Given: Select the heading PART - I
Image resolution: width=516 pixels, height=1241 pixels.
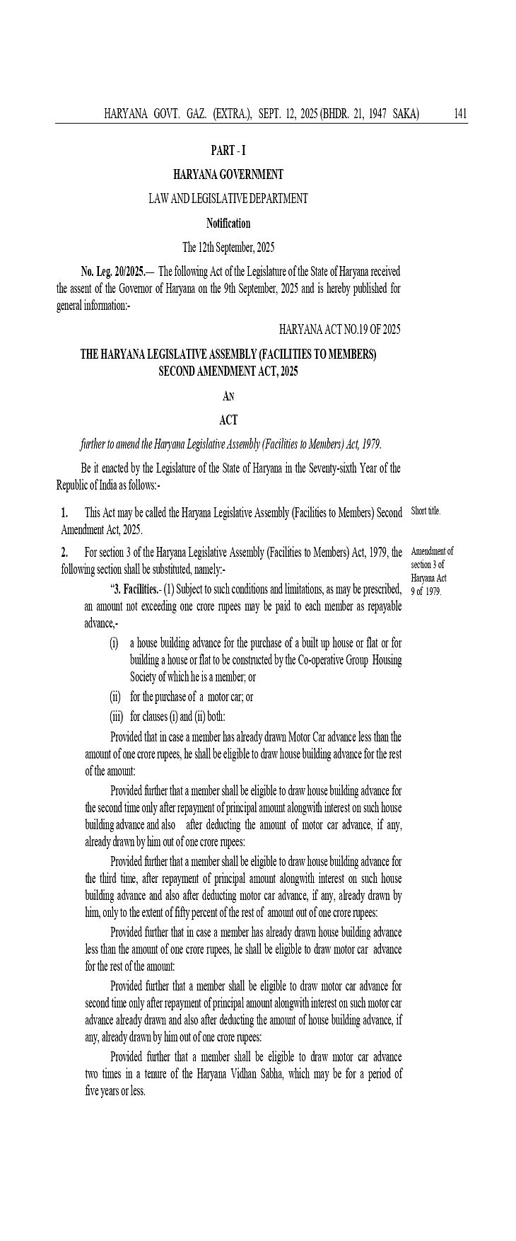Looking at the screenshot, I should coord(228,150).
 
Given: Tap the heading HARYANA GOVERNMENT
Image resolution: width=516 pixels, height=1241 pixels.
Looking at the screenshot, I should coord(228,174).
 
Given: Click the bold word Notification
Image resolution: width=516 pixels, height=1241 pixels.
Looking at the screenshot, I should coord(228,223).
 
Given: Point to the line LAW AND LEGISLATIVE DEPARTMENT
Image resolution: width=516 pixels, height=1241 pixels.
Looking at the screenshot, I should coord(228,199).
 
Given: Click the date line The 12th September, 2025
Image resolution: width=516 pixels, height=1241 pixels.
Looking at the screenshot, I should coord(228,248).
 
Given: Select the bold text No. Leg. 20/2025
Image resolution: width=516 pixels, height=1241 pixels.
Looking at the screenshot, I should coord(113,272).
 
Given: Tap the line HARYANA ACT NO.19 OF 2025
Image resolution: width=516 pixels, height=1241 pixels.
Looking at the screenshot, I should coord(340,329).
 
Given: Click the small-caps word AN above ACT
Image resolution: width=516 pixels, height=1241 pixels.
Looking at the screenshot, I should coord(228,396).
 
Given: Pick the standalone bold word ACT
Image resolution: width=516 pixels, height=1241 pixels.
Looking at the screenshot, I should coord(228,420).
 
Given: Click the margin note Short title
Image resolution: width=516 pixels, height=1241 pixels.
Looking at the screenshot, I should coord(426,511).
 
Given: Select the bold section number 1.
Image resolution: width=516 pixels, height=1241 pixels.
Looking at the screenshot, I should coord(64,512).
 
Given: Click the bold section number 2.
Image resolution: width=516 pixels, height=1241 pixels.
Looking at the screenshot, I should coord(64,552).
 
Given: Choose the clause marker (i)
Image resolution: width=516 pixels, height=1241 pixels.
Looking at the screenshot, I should coord(114,642).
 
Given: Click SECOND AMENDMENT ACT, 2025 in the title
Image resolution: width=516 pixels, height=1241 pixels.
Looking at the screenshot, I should coord(228,371).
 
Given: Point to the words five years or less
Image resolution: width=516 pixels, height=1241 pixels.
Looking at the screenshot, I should coord(115,1091).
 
